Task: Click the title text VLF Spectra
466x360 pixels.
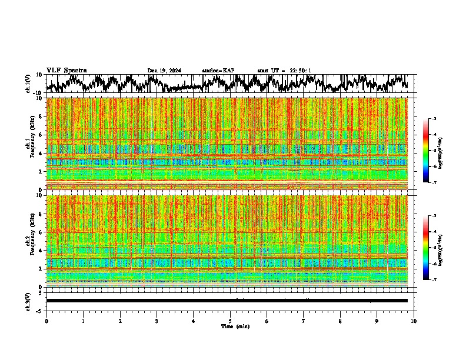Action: [x=66, y=70]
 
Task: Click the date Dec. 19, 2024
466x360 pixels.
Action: [x=164, y=71]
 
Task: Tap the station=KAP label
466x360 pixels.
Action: [x=218, y=71]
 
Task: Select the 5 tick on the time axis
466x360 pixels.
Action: [x=230, y=321]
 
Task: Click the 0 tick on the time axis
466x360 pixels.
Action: [x=46, y=321]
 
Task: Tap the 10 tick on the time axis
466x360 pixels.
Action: [x=414, y=321]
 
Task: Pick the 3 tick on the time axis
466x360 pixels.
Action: [x=157, y=321]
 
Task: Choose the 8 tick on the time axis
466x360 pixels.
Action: [x=340, y=321]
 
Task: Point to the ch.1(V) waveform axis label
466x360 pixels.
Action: [x=28, y=84]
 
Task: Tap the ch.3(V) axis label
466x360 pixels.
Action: [x=28, y=301]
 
